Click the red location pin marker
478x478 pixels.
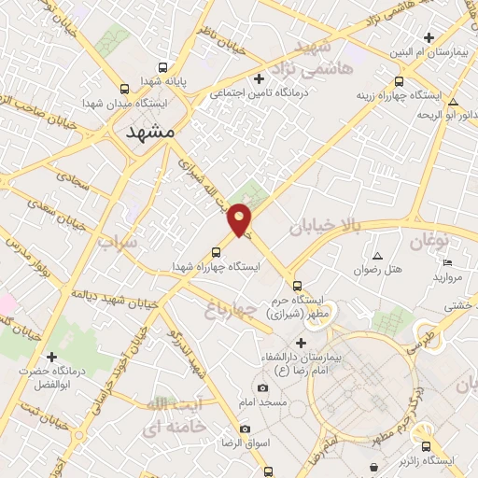[240, 218]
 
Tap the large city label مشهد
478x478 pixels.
[149, 132]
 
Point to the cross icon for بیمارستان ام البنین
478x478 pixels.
[429, 38]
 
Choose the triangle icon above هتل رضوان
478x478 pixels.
[377, 256]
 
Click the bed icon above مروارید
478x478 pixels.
[446, 262]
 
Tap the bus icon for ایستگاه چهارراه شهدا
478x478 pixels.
[217, 252]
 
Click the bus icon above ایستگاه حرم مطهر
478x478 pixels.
[297, 286]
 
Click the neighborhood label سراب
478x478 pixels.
[118, 242]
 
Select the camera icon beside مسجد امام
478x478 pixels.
[260, 387]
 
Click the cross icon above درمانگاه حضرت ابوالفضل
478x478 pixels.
[51, 357]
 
